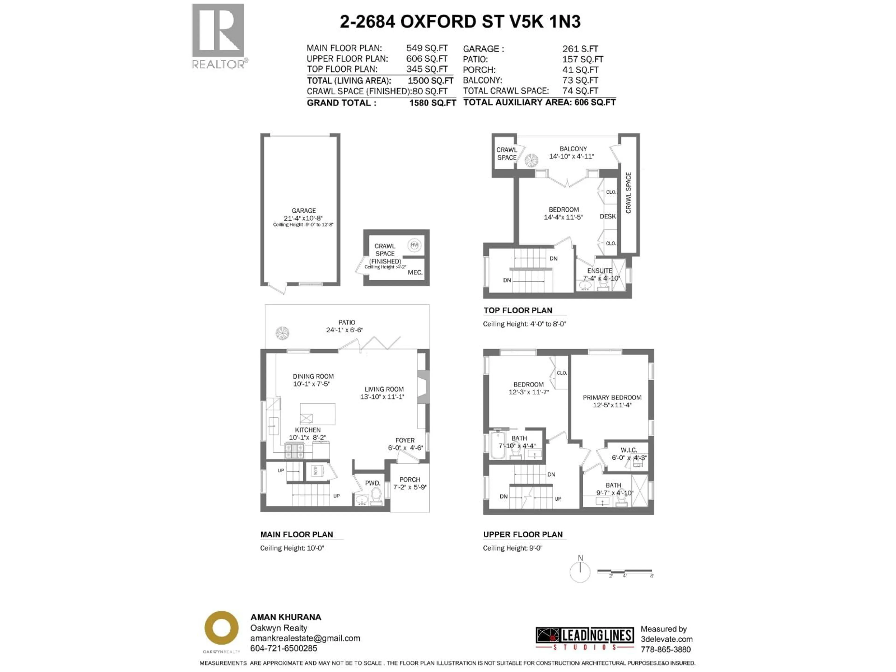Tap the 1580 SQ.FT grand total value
click(432, 103)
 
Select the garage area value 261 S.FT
click(580, 49)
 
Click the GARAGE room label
click(303, 211)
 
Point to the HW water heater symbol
click(414, 245)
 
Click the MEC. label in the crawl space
click(415, 273)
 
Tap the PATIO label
click(347, 322)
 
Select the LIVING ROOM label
click(384, 389)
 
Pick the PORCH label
click(409, 479)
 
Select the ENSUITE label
click(599, 271)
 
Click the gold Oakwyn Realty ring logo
click(221, 628)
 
